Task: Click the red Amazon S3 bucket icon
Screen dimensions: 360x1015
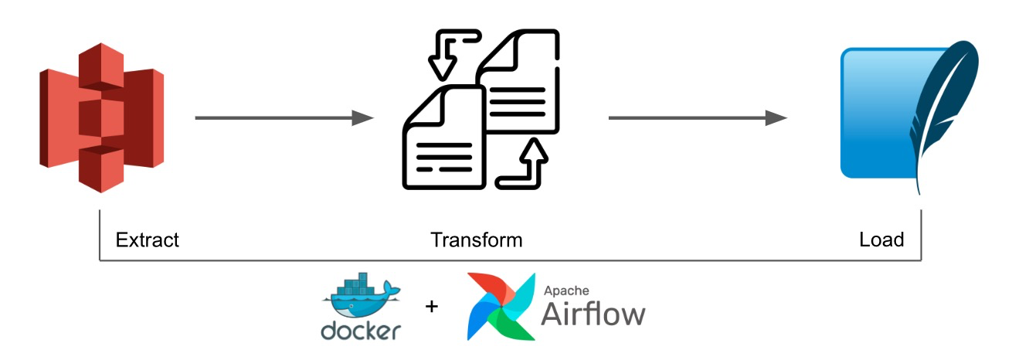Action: click(x=100, y=116)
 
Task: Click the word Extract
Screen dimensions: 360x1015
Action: click(x=147, y=239)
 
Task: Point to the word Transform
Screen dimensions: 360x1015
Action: click(x=477, y=239)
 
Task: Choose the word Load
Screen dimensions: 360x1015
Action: click(x=881, y=239)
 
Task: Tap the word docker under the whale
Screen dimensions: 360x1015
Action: click(x=361, y=331)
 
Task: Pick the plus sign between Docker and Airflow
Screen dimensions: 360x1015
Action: click(x=432, y=307)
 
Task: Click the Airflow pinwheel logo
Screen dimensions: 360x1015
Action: click(x=501, y=307)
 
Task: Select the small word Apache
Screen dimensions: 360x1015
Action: click(x=567, y=291)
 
